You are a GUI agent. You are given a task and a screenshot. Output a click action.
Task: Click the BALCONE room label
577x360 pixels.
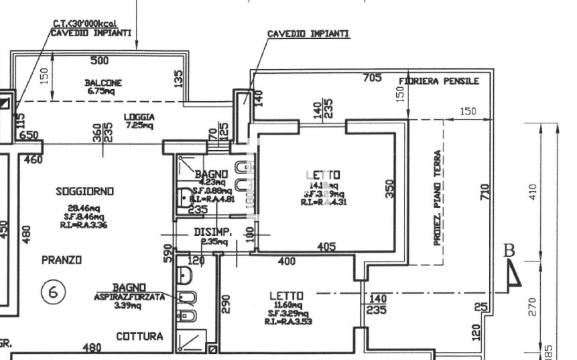tap(103, 82)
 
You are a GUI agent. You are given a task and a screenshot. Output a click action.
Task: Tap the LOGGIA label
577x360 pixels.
tap(139, 117)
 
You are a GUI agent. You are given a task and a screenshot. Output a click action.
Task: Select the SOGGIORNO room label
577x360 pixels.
tap(84, 191)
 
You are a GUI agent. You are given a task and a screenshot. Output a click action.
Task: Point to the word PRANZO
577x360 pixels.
tap(61, 259)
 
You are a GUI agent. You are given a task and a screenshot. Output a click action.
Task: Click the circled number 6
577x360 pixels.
tap(53, 292)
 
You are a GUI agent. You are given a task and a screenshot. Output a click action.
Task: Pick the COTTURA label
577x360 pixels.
tap(140, 337)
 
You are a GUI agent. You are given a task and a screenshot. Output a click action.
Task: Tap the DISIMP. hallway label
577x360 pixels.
tap(213, 233)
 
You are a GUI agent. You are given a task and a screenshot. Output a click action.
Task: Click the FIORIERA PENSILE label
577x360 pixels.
tap(439, 81)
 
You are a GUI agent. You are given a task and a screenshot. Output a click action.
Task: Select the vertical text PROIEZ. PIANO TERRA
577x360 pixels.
tap(437, 197)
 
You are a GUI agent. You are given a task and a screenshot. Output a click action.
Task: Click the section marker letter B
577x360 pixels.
tap(509, 251)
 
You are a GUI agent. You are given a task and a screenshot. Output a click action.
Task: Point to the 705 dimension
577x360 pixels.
tap(372, 78)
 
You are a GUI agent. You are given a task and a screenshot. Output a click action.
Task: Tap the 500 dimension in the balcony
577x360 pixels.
tap(99, 61)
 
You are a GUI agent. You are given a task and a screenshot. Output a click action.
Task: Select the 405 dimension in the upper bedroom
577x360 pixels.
tap(326, 247)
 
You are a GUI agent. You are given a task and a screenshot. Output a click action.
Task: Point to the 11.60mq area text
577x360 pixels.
tap(287, 305)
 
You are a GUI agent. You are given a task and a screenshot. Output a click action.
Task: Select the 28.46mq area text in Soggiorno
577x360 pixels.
tap(80, 208)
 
